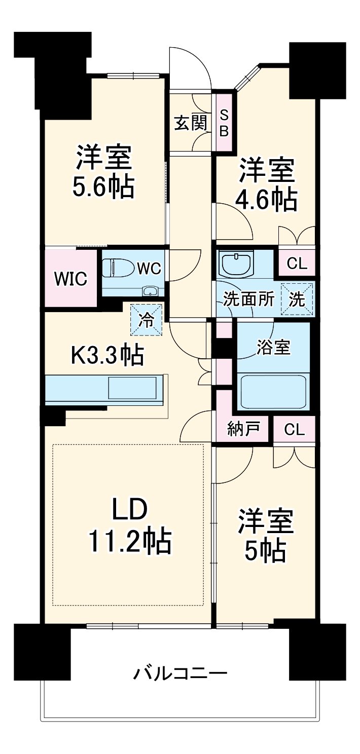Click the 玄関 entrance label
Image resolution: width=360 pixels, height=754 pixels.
click(x=190, y=123)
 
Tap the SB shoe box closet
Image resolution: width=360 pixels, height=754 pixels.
click(x=224, y=122)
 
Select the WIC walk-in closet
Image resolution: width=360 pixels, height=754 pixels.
click(x=70, y=278)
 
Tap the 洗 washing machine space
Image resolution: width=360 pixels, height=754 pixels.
click(x=298, y=299)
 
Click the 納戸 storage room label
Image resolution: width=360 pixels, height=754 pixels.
click(x=243, y=430)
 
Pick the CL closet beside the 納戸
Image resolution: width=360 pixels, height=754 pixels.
click(x=294, y=430)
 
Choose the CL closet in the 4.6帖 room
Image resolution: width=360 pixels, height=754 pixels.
click(x=296, y=263)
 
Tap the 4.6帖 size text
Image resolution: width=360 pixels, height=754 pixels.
click(x=266, y=200)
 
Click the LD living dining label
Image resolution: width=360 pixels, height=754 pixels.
click(x=130, y=510)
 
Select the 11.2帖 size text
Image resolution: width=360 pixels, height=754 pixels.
click(x=130, y=541)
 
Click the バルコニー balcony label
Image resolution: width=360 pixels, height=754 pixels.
click(x=180, y=673)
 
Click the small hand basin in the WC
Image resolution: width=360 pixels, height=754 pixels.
click(x=150, y=291)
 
